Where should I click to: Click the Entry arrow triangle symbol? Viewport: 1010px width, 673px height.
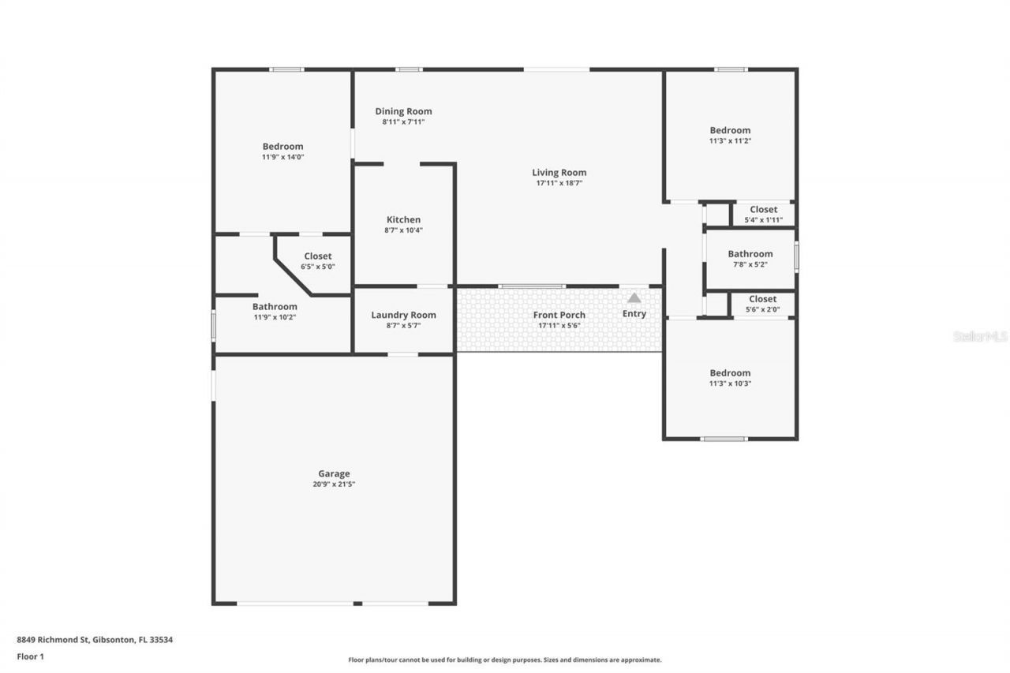[x=634, y=298]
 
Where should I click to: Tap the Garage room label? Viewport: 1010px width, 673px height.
[x=335, y=473]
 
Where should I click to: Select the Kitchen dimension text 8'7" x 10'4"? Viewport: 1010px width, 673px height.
[x=403, y=230]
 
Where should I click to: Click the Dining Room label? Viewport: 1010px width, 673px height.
[x=403, y=111]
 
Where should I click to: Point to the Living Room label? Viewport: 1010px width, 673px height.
[x=559, y=172]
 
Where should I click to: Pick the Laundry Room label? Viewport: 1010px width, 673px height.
[x=403, y=315]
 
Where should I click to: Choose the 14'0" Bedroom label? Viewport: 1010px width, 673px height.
[x=282, y=146]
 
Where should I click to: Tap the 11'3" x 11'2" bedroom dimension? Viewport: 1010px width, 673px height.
[x=730, y=141]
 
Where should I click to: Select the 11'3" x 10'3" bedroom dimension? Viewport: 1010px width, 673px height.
[x=730, y=383]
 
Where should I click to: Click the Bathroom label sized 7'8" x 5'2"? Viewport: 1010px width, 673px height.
[x=750, y=254]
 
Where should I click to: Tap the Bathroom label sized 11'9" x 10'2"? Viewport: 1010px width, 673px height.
[x=275, y=306]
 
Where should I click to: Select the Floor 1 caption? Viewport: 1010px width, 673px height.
[x=30, y=656]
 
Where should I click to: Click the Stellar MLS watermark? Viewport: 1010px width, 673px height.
[x=980, y=336]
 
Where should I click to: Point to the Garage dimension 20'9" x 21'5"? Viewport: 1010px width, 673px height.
[x=334, y=484]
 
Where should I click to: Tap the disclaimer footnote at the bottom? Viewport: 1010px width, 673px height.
[x=505, y=660]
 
